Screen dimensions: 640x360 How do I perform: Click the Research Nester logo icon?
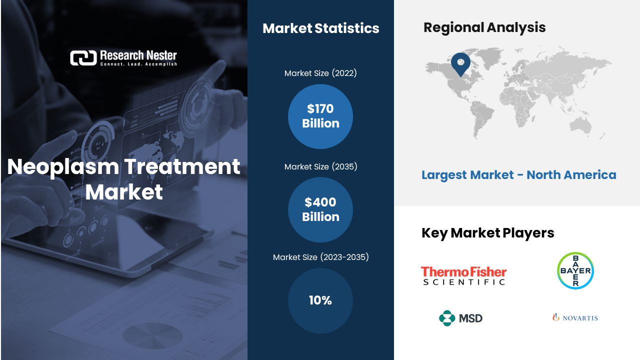pyautogui.click(x=83, y=58)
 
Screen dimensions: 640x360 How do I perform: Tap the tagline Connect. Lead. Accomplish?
pyautogui.click(x=138, y=64)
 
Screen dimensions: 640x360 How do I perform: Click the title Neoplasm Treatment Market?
pyautogui.click(x=123, y=179)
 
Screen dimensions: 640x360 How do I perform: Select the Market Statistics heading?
pyautogui.click(x=321, y=28)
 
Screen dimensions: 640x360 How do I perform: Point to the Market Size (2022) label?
pyautogui.click(x=320, y=73)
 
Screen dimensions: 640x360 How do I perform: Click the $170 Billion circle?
pyautogui.click(x=320, y=116)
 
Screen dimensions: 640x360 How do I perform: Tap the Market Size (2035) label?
pyautogui.click(x=320, y=166)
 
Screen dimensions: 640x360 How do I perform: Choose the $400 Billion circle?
pyautogui.click(x=320, y=209)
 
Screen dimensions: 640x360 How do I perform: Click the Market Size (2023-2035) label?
pyautogui.click(x=320, y=257)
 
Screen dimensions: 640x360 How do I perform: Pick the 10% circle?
pyautogui.click(x=320, y=300)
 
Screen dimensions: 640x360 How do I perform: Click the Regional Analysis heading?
pyautogui.click(x=484, y=27)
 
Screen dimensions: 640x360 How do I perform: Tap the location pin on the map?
pyautogui.click(x=460, y=64)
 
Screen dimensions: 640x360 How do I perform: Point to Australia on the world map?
pyautogui.click(x=580, y=126)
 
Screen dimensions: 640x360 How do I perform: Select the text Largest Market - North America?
pyautogui.click(x=519, y=175)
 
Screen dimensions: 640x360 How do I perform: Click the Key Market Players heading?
pyautogui.click(x=487, y=233)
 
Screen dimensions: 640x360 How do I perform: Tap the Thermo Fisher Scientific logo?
pyautogui.click(x=463, y=275)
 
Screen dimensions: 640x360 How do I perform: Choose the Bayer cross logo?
pyautogui.click(x=575, y=270)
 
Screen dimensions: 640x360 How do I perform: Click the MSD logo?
pyautogui.click(x=460, y=318)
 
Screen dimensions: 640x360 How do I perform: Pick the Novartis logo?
pyautogui.click(x=575, y=317)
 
